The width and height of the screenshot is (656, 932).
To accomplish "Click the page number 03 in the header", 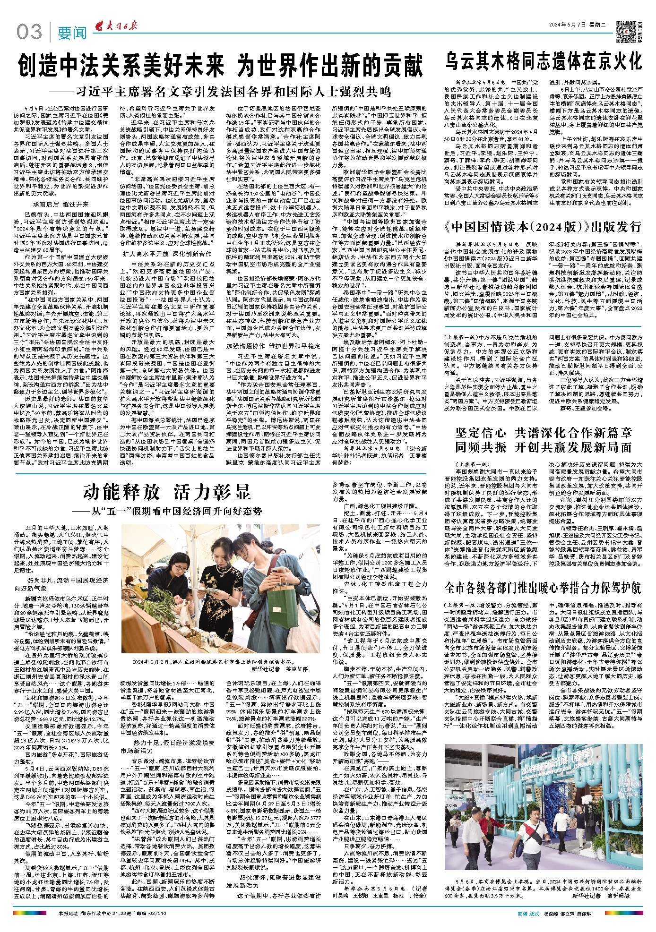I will (x=29, y=32).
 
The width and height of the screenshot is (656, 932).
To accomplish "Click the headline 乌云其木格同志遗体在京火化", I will (x=543, y=61).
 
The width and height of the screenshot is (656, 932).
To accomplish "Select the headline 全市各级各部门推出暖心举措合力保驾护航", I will (x=543, y=588).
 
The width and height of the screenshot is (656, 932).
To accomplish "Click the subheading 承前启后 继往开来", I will (x=61, y=205).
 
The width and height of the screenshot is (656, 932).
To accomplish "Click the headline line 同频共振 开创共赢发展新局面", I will (x=543, y=447).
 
